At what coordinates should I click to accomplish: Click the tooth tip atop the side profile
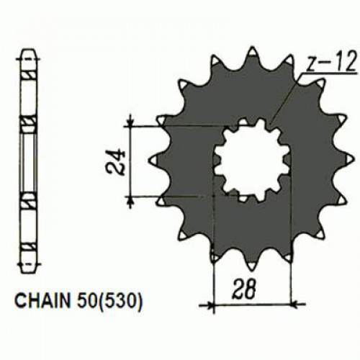(28, 53)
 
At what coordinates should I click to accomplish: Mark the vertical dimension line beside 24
(130, 160)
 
